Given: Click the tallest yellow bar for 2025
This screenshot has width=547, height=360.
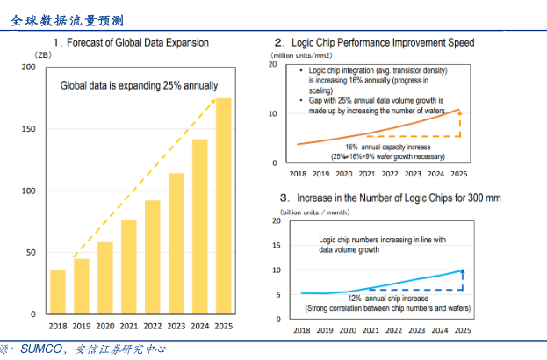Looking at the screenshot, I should point(224,206).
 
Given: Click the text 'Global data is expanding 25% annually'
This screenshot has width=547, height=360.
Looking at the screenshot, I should point(139,85).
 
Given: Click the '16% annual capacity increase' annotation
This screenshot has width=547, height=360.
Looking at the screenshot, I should point(376,147).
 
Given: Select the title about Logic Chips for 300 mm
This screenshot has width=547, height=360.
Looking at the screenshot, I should point(395,198).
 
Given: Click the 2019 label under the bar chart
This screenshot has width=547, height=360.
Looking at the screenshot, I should point(81,327).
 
